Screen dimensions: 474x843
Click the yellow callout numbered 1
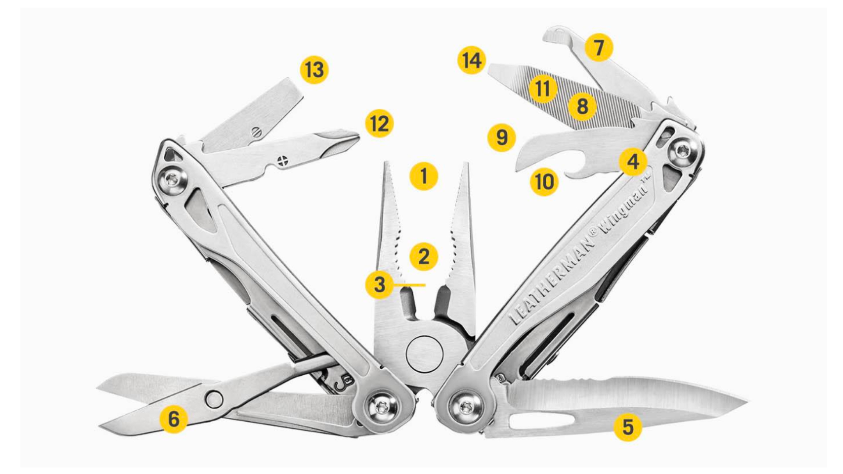click(x=423, y=176)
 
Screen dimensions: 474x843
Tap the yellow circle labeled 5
click(x=627, y=427)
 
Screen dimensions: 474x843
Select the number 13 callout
click(x=314, y=70)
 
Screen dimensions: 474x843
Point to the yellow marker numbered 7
click(x=598, y=47)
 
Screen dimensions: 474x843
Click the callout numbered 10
click(x=544, y=182)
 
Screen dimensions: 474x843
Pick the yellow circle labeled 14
click(x=472, y=60)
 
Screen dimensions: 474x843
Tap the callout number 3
click(x=379, y=284)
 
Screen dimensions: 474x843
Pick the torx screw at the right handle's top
click(x=682, y=152)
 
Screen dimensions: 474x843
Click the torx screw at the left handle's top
click(x=172, y=179)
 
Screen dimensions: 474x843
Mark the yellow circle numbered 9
click(x=501, y=137)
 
